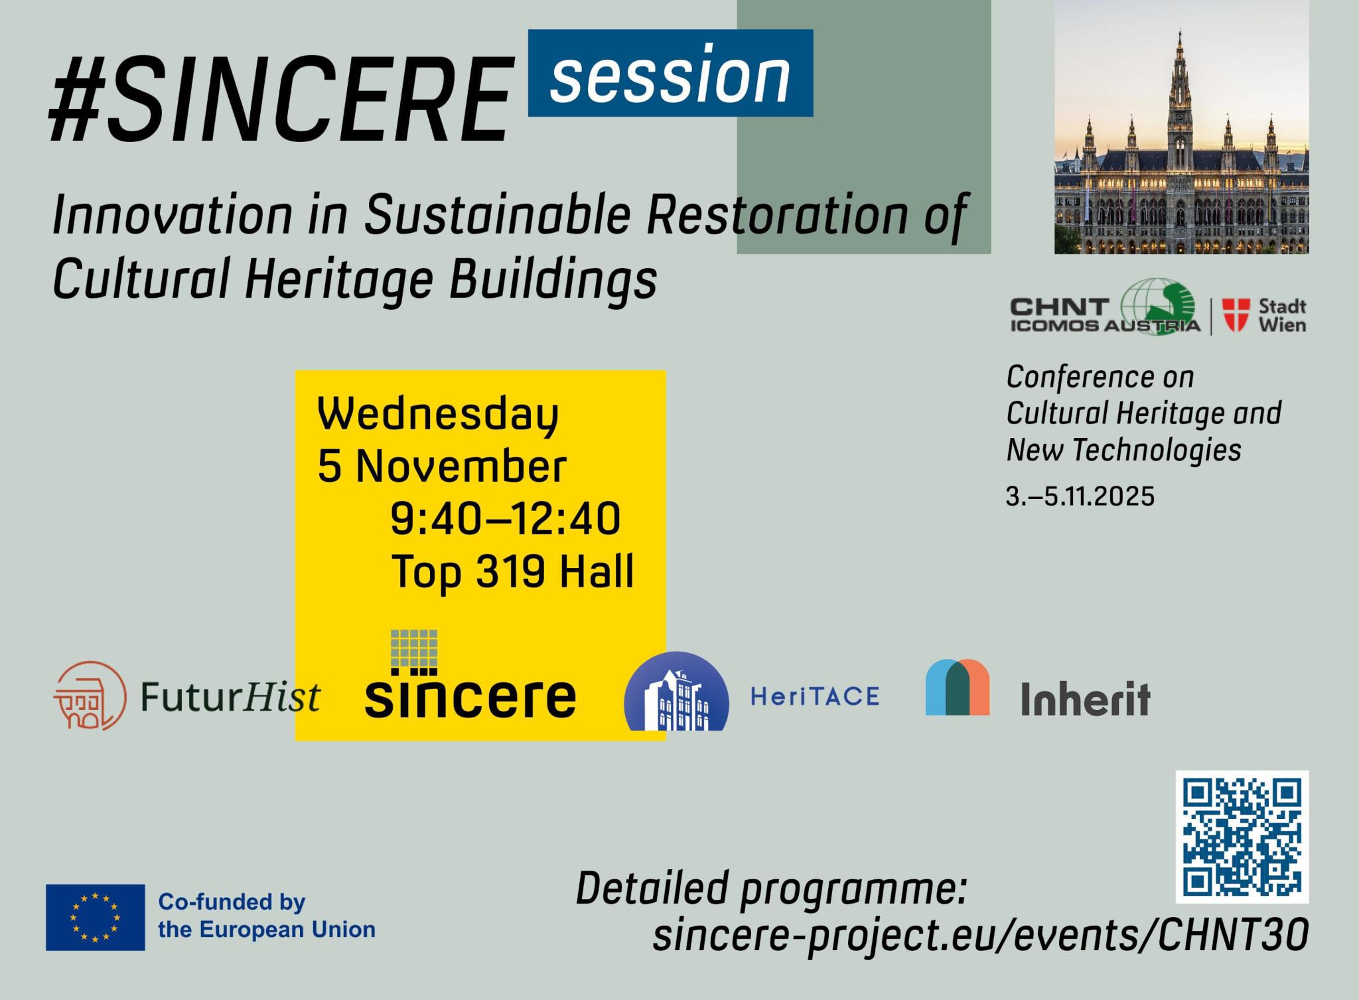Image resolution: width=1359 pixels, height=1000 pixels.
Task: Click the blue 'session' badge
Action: pos(670,73)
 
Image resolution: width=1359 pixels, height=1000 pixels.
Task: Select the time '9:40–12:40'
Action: pos(506,518)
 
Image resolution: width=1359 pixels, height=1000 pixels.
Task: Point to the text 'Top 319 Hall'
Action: pos(513,571)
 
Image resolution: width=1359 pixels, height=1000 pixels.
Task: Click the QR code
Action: pos(1242,837)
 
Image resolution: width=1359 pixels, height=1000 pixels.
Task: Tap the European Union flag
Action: pos(96,917)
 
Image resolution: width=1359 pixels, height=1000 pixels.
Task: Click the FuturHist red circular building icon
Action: pos(90,696)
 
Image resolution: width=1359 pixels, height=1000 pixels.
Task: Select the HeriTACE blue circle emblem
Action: pos(676,691)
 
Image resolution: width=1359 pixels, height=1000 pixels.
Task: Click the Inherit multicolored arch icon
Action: pos(958,687)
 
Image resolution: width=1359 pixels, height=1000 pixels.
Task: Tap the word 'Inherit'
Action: pos(1085,699)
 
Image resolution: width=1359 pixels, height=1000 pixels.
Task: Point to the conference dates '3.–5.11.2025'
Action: pos(1080,496)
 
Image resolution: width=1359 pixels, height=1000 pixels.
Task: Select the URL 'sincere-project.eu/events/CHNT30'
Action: pos(981,935)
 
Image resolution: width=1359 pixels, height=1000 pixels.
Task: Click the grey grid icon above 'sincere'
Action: pos(414,648)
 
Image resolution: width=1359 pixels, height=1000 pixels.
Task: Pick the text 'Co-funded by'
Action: pos(232,902)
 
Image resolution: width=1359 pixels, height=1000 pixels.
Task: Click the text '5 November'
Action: pos(442,466)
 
